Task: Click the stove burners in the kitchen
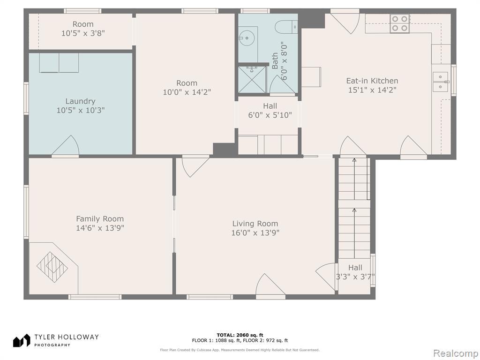pos(399,23)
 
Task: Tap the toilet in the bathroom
pos(286,27)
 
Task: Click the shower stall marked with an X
pos(252,79)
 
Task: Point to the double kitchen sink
pos(441,82)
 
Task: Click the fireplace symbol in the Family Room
pos(52,267)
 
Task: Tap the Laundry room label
pos(81,101)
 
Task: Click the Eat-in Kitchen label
pos(372,81)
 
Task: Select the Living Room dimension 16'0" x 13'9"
pos(255,233)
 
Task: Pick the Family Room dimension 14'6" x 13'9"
pos(100,228)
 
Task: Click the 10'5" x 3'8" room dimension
pos(83,33)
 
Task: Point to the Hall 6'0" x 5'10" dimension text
pos(270,115)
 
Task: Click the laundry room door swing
pos(66,146)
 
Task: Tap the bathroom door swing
pos(282,84)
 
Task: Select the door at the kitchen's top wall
pos(345,22)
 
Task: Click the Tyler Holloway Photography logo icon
pos(22,340)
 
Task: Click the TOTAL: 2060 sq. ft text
pos(240,335)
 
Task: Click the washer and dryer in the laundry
pos(59,63)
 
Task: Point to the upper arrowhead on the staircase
pos(354,160)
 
